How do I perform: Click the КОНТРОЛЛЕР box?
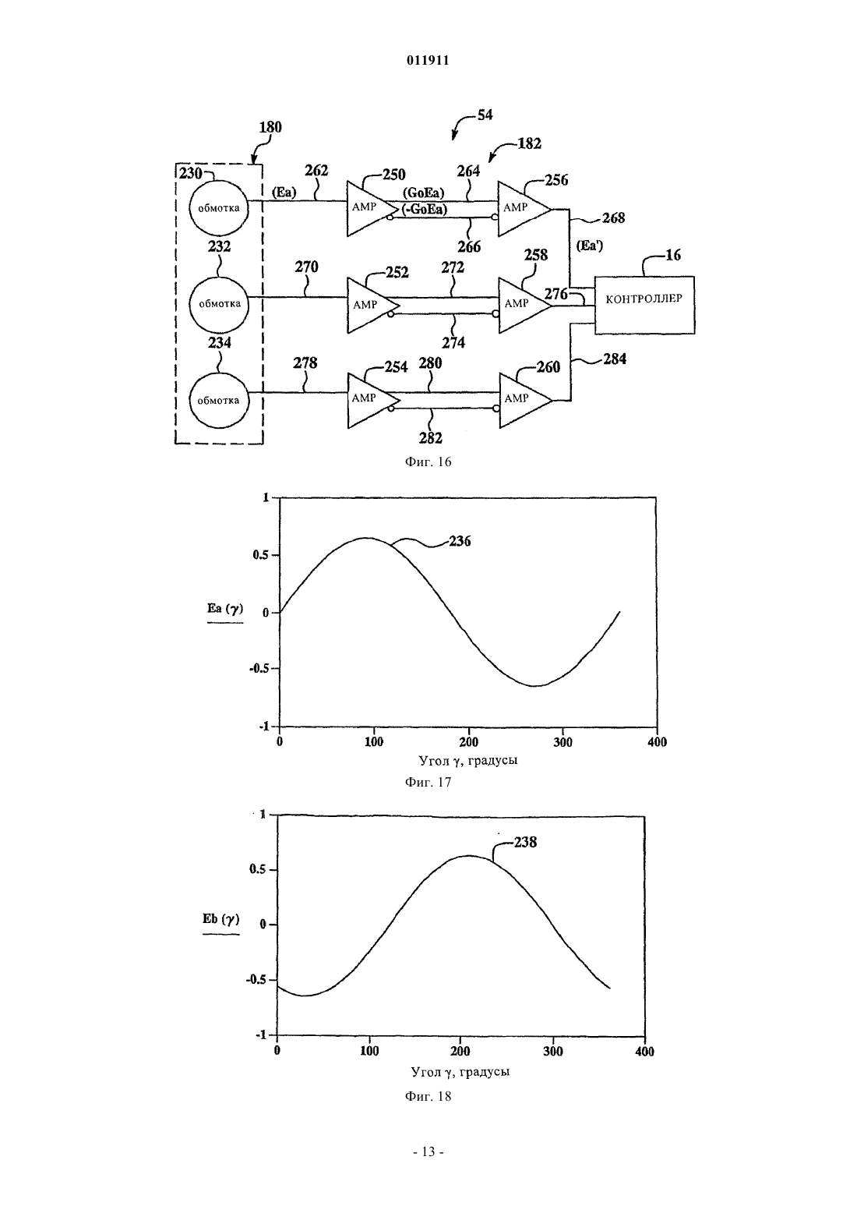(x=644, y=305)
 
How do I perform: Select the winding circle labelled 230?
(x=219, y=209)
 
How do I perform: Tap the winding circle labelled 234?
(x=219, y=400)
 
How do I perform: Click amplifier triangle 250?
(x=372, y=208)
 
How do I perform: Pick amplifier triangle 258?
(x=524, y=306)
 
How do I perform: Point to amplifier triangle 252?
(x=372, y=306)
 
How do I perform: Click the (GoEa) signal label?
(x=423, y=193)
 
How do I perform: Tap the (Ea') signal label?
(x=589, y=246)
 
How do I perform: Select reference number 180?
(x=270, y=127)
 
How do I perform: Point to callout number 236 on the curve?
(x=460, y=541)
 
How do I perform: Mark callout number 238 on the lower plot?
(x=525, y=842)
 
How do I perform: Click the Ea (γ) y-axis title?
(x=225, y=608)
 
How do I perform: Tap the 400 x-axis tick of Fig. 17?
(x=657, y=742)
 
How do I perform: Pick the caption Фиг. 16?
(x=428, y=462)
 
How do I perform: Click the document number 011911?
(x=428, y=61)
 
